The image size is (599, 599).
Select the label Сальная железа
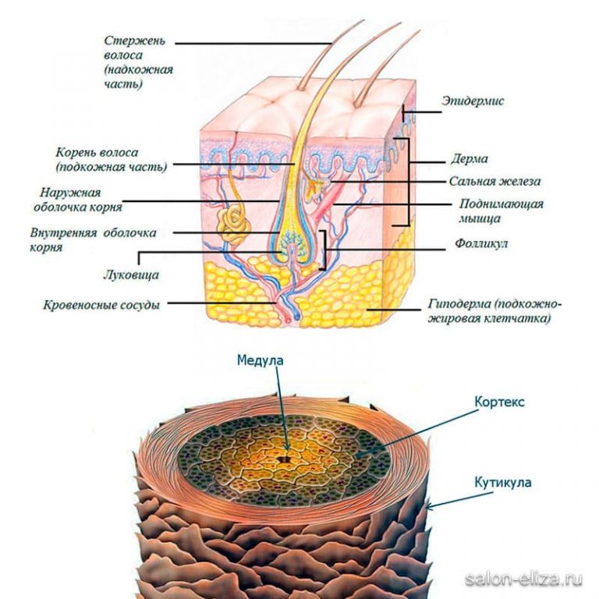pyautogui.click(x=494, y=182)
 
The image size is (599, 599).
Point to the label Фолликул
pyautogui.click(x=481, y=244)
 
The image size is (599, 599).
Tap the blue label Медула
pyautogui.click(x=261, y=361)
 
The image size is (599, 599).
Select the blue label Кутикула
pyautogui.click(x=502, y=483)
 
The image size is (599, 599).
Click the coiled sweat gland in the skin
pyautogui.click(x=233, y=223)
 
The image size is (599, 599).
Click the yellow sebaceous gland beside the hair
pyautogui.click(x=317, y=186)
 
